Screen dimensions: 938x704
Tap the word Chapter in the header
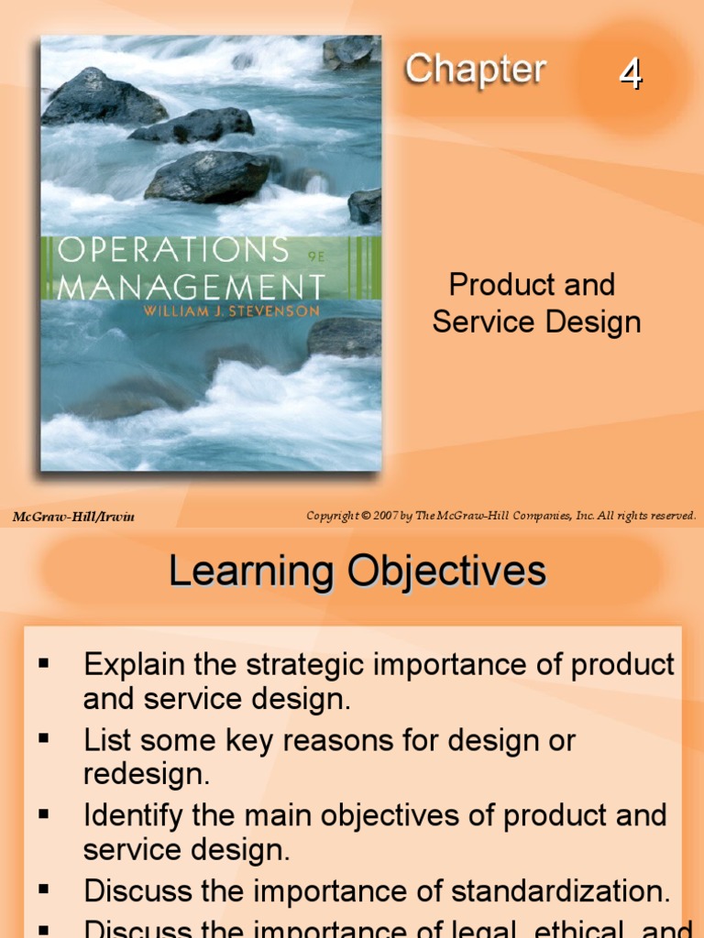point(475,70)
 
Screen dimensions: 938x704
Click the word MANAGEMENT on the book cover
point(190,287)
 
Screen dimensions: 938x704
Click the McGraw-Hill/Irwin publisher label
point(73,517)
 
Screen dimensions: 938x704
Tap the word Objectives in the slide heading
point(446,573)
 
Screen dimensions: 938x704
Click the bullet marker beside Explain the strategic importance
point(42,660)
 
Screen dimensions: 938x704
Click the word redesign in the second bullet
point(147,775)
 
